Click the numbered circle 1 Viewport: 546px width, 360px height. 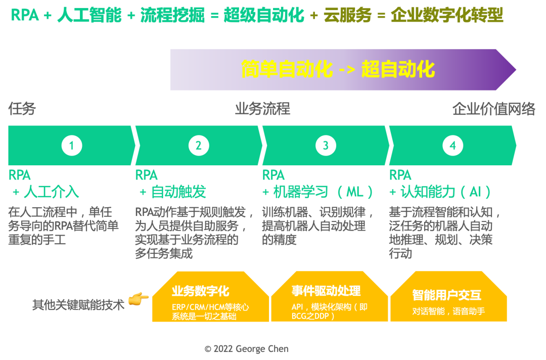pyautogui.click(x=71, y=146)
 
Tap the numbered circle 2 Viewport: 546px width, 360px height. pyautogui.click(x=198, y=146)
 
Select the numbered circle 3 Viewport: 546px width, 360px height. pyautogui.click(x=326, y=146)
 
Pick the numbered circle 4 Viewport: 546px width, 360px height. pyautogui.click(x=452, y=146)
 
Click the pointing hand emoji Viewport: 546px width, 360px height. pyautogui.click(x=138, y=299)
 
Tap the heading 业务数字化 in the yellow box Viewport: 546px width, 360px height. pyautogui.click(x=200, y=291)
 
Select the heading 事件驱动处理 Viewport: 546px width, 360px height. pyautogui.click(x=326, y=291)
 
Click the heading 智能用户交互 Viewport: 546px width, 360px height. pyautogui.click(x=446, y=295)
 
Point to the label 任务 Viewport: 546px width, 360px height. pyautogui.click(x=22, y=109)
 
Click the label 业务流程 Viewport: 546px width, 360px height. pyautogui.click(x=262, y=109)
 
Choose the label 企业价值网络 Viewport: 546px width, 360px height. pyautogui.click(x=493, y=109)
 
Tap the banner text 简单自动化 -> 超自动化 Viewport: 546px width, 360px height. pyautogui.click(x=338, y=69)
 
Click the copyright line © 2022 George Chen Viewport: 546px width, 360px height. pyautogui.click(x=247, y=349)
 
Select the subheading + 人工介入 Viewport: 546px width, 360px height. pyautogui.click(x=45, y=192)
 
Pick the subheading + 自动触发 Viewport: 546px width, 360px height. pyautogui.click(x=172, y=192)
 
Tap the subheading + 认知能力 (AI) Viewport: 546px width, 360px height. pyautogui.click(x=440, y=192)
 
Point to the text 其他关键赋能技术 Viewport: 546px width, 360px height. pyautogui.click(x=78, y=305)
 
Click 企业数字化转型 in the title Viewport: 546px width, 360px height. pyautogui.click(x=447, y=16)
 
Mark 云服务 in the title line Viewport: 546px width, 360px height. pyautogui.click(x=347, y=16)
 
